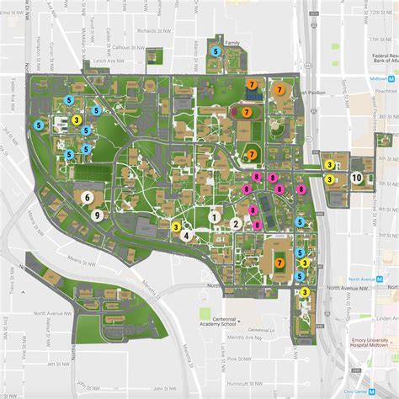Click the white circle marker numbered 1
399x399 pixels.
(215, 216)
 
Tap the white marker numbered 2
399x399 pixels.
(237, 224)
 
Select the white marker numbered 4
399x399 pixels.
(185, 236)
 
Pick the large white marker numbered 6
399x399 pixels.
(88, 196)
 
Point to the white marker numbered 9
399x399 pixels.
(98, 215)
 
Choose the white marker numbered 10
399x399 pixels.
(357, 178)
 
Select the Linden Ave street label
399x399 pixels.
(386, 318)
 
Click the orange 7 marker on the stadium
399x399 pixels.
(279, 263)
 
